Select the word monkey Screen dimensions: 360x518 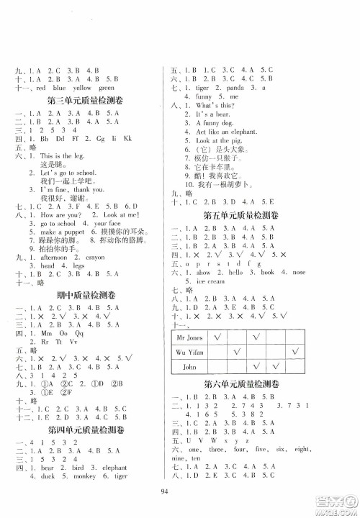(89, 478)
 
